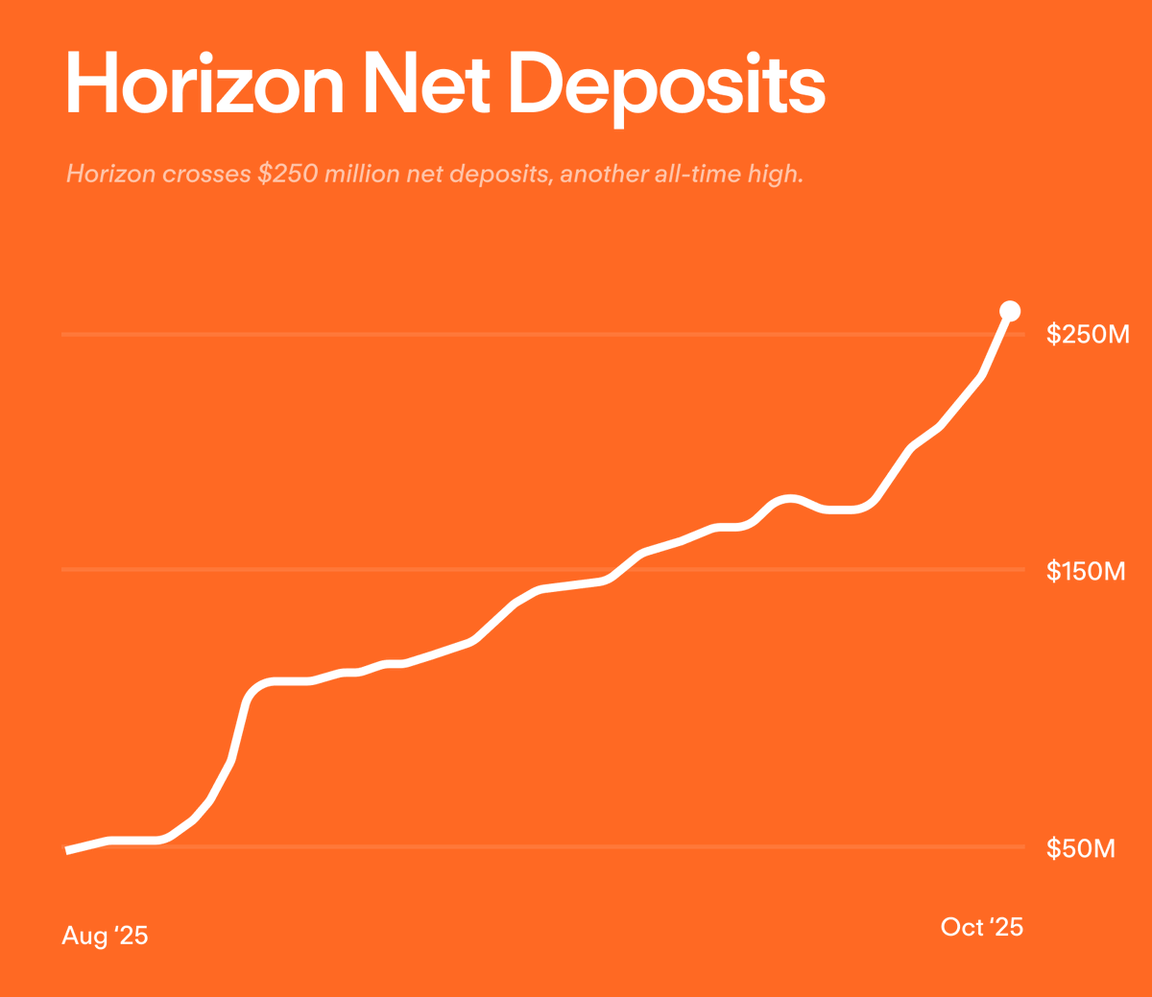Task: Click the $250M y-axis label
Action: (x=1088, y=334)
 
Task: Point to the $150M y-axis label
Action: (x=1086, y=572)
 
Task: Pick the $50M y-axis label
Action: (x=1081, y=848)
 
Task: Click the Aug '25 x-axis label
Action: (x=105, y=936)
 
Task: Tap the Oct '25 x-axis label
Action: (x=981, y=927)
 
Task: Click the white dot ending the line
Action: (x=1010, y=310)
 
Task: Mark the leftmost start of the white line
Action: (x=67, y=850)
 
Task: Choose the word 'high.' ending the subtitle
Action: (x=776, y=175)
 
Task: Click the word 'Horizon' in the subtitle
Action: (x=110, y=175)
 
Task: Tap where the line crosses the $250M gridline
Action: (x=999, y=334)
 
